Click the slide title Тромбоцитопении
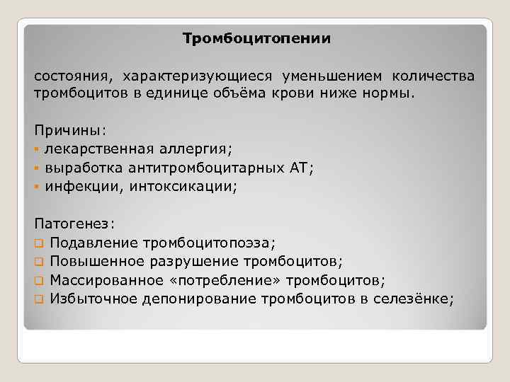click(256, 38)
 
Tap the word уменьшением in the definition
click(332, 76)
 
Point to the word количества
click(433, 76)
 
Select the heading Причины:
click(69, 131)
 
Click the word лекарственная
click(97, 149)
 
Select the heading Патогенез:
click(73, 224)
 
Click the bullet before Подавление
click(38, 243)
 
